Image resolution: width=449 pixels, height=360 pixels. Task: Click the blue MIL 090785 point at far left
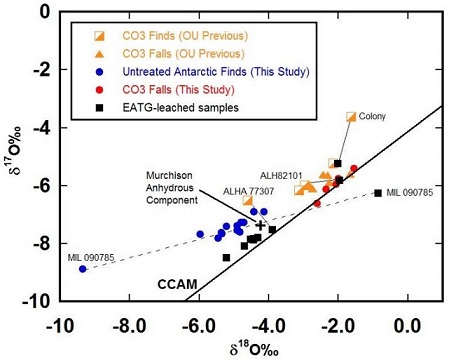pyautogui.click(x=83, y=269)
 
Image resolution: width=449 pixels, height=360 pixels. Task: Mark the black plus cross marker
pyautogui.click(x=261, y=225)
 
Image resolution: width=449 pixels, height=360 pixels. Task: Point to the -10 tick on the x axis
pyautogui.click(x=59, y=324)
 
